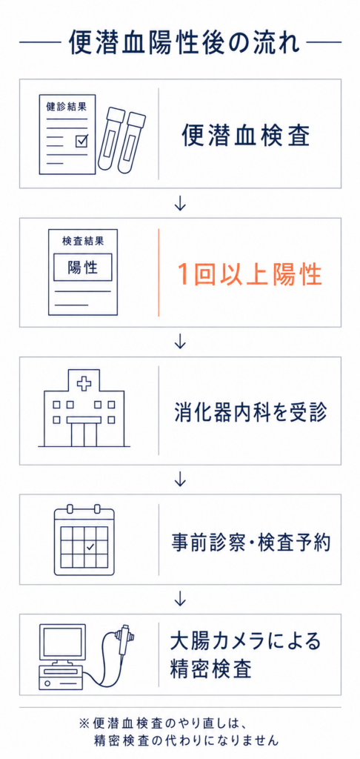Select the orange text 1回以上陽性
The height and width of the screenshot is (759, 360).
pyautogui.click(x=249, y=274)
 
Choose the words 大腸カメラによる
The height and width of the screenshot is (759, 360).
pyautogui.click(x=245, y=641)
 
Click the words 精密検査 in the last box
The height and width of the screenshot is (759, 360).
pyautogui.click(x=210, y=669)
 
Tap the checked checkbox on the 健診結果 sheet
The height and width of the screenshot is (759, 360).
pyautogui.click(x=81, y=140)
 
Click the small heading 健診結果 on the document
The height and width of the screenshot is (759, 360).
pyautogui.click(x=63, y=105)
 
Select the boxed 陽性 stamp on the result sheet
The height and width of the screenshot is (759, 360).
pyautogui.click(x=83, y=267)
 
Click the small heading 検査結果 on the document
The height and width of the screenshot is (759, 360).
pyautogui.click(x=83, y=241)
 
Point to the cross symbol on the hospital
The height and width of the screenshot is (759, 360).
pyautogui.click(x=84, y=385)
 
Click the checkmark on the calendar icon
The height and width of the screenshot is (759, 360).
pyautogui.click(x=90, y=547)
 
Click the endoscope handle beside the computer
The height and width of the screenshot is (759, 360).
pyautogui.click(x=124, y=638)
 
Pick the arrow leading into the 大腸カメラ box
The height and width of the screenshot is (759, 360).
pyautogui.click(x=180, y=599)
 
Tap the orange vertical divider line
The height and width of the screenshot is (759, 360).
pyautogui.click(x=159, y=273)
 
